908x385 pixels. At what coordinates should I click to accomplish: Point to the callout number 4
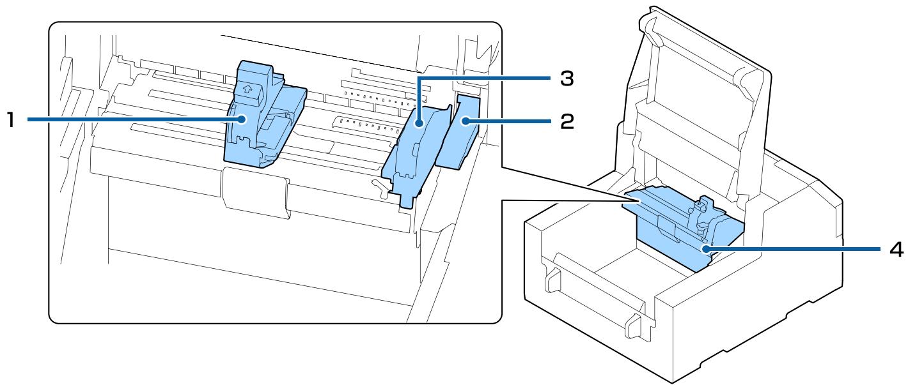(896, 250)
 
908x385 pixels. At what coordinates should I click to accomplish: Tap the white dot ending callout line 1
(242, 119)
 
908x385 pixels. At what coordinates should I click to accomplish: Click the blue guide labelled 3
(409, 153)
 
